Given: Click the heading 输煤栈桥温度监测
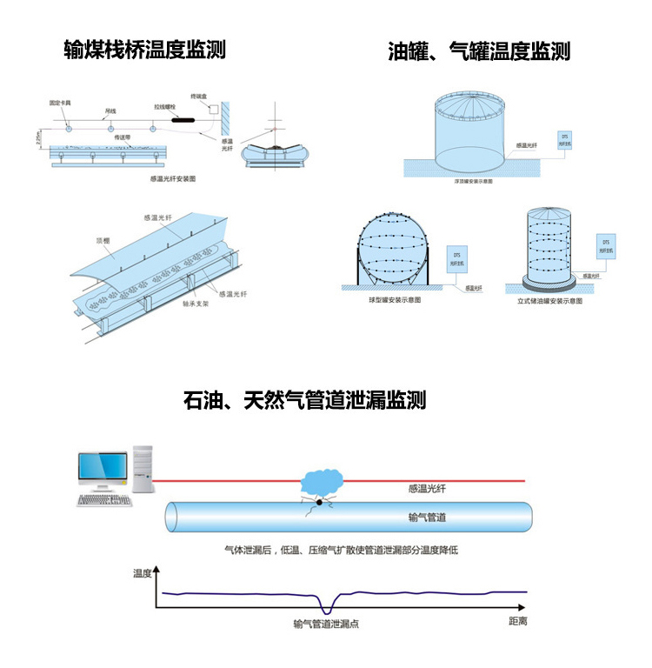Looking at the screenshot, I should (145, 50).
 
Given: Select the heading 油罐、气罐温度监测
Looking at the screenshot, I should (479, 50).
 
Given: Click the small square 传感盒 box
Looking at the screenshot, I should (210, 109).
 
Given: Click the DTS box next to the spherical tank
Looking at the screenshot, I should (455, 257).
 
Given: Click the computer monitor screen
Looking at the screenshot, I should (101, 468).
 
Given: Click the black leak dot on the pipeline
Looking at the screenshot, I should (320, 502).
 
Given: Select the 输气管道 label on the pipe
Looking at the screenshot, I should (428, 518).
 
